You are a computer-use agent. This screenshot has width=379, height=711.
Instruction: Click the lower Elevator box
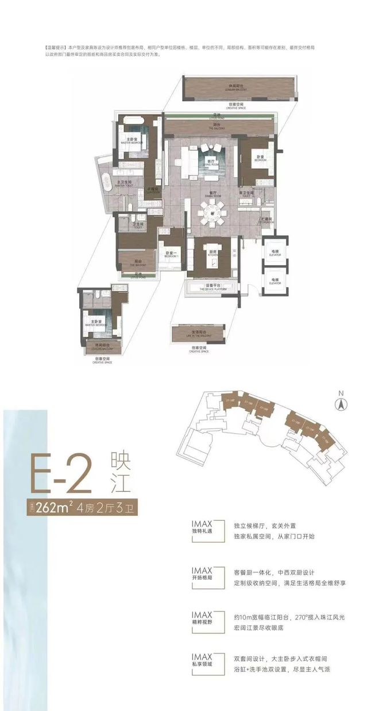(273, 282)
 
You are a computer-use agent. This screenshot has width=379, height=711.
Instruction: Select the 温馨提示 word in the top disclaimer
(55, 46)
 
